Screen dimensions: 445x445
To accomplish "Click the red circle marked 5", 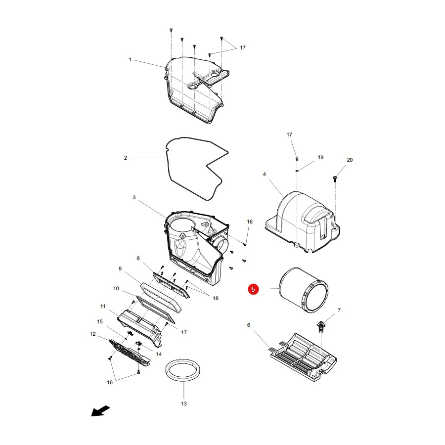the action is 253,289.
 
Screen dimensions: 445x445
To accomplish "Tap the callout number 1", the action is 130,60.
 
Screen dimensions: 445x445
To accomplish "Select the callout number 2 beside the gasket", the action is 126,158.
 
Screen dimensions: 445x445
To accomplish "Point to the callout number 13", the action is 184,403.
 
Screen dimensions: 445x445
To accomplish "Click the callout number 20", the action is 350,160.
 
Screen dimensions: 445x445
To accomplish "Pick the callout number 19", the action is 321,158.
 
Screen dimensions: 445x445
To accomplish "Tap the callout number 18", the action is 216,298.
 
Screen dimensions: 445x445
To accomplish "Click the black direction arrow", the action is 100,411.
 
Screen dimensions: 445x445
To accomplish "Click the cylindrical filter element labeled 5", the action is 304,290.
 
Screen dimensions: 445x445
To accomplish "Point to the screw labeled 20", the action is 335,179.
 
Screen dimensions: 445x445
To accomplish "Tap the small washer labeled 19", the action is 297,171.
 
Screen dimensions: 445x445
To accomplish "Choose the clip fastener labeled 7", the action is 321,326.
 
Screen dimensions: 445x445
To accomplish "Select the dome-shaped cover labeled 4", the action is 303,222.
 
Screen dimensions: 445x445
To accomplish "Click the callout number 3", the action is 134,197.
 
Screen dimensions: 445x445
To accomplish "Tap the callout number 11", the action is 103,307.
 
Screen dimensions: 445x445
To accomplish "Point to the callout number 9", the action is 120,269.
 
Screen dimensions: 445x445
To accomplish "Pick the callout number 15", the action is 99,321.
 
